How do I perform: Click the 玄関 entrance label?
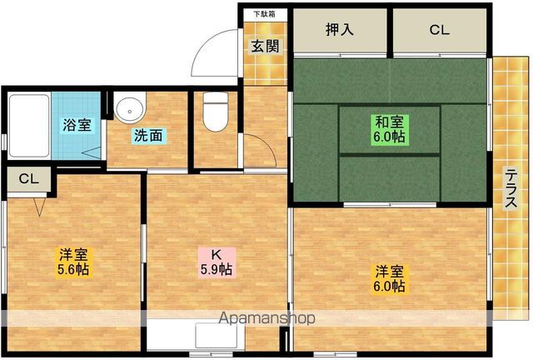click(265, 47)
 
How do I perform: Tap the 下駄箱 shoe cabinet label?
click(265, 14)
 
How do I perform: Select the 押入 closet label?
click(340, 30)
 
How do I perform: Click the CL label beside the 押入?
click(439, 30)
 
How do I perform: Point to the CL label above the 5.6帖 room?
click(29, 178)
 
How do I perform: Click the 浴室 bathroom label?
click(77, 125)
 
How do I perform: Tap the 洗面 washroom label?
click(148, 136)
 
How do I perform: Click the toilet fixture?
click(215, 112)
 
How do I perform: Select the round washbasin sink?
click(129, 107)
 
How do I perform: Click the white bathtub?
click(29, 126)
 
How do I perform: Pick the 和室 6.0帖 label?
click(389, 129)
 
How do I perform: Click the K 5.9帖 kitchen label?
click(217, 262)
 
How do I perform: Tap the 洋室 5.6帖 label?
click(73, 262)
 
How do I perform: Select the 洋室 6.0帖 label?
click(389, 278)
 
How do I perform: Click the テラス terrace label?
click(511, 188)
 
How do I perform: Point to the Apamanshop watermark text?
click(266, 318)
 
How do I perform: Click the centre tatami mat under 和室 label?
click(389, 130)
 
